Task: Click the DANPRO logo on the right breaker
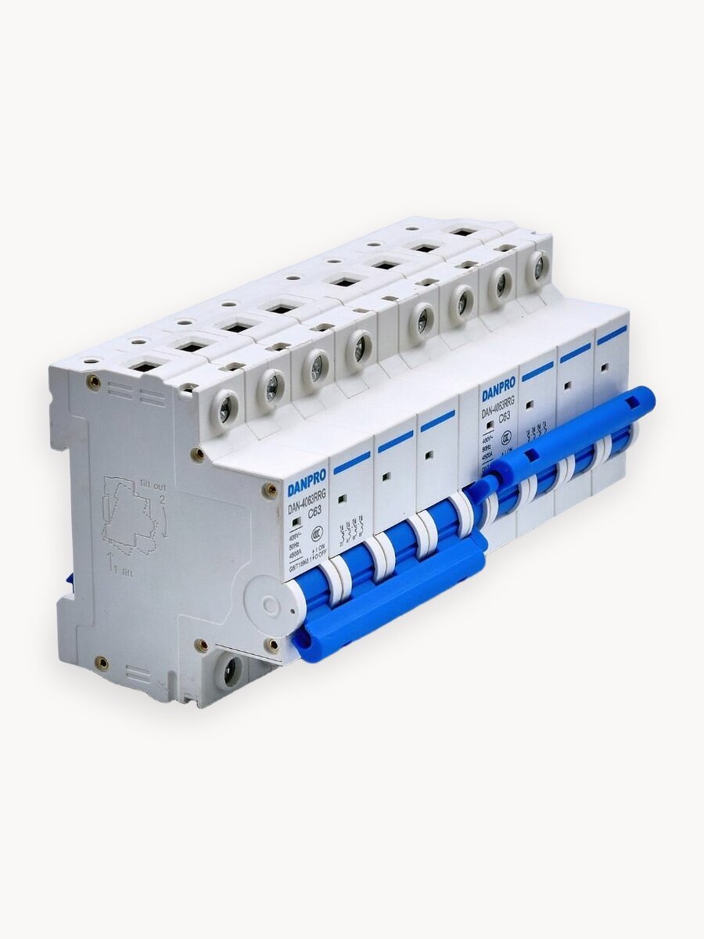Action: tap(498, 388)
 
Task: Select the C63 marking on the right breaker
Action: tap(505, 416)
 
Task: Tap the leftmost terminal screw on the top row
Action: tap(225, 409)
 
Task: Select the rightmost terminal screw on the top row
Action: tap(538, 266)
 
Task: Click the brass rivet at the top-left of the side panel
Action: tap(94, 381)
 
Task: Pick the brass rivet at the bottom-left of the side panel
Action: tap(102, 663)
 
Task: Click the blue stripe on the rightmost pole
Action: tap(612, 335)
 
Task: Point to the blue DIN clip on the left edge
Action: tap(70, 580)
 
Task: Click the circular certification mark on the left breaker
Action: tap(318, 534)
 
